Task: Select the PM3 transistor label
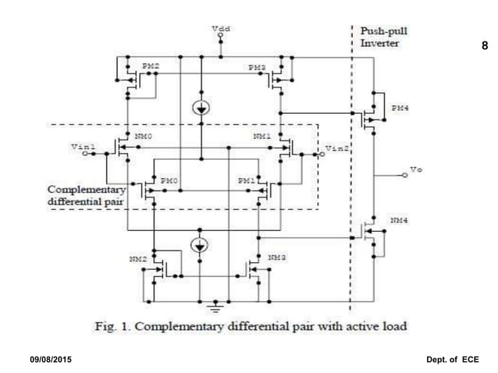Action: [257, 68]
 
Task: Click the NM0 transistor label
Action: [142, 136]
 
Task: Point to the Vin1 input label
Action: [82, 146]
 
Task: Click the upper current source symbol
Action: [201, 109]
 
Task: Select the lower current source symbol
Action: [201, 246]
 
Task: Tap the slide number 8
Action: [484, 47]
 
